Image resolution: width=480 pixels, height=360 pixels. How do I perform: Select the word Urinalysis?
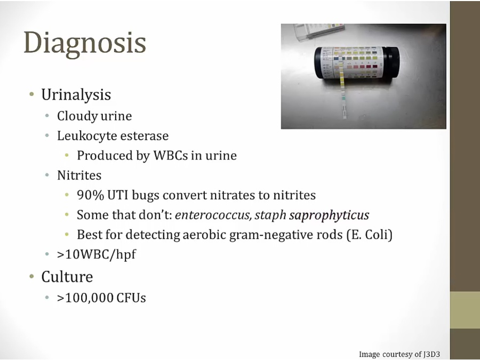pyautogui.click(x=76, y=94)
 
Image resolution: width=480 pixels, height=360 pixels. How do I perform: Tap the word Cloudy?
pyautogui.click(x=77, y=116)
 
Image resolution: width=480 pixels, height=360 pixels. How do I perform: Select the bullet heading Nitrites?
pyautogui.click(x=79, y=175)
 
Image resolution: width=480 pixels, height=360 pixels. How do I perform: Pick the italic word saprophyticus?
pyautogui.click(x=329, y=215)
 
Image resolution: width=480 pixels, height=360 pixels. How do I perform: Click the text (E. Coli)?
pyautogui.click(x=370, y=235)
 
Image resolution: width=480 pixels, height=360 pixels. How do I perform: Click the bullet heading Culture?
pyautogui.click(x=67, y=277)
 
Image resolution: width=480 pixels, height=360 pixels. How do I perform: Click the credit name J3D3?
pyautogui.click(x=432, y=354)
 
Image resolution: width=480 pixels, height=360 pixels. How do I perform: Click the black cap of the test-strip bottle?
pyautogui.click(x=391, y=63)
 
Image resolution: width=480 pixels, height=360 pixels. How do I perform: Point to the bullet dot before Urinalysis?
pyautogui.click(x=31, y=94)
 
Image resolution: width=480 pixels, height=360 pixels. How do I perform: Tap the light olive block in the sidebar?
pyautogui.click(x=465, y=310)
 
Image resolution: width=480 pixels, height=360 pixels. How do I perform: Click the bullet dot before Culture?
pyautogui.click(x=31, y=276)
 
